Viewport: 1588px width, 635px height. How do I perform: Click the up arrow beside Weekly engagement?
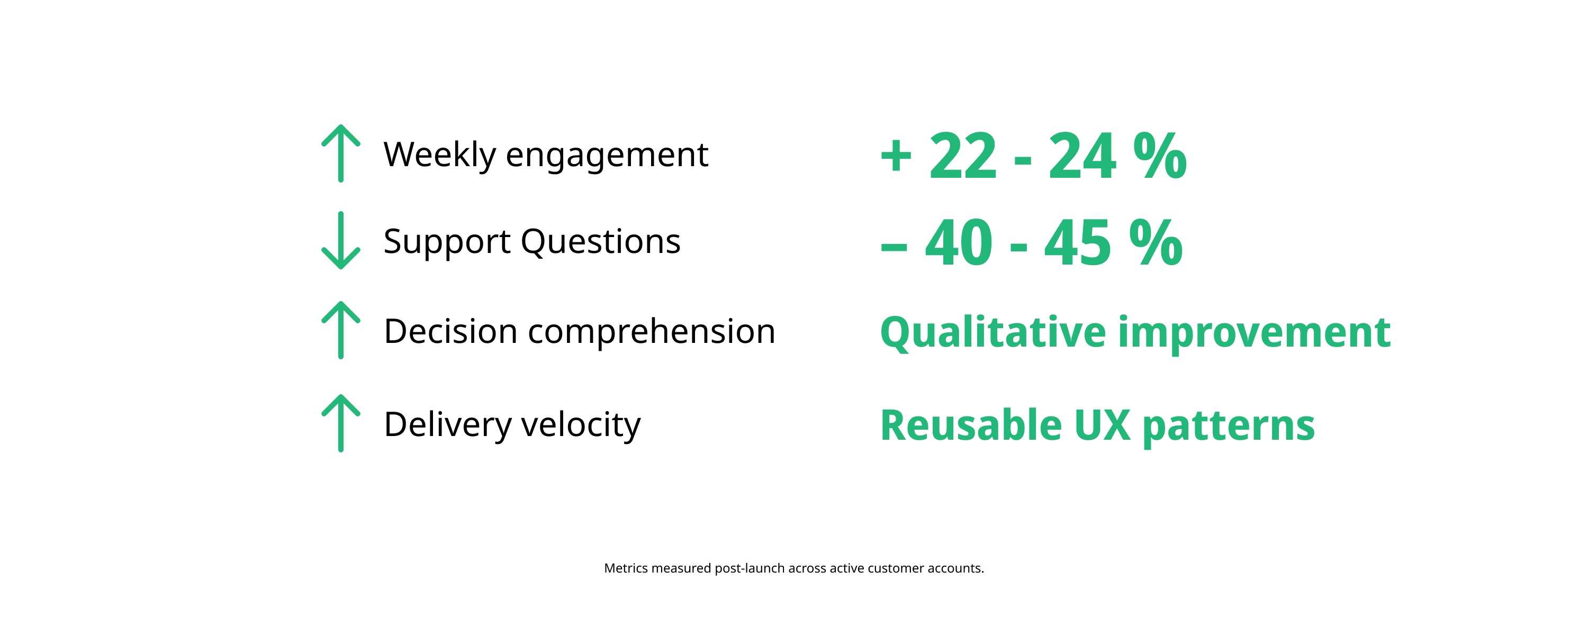341,153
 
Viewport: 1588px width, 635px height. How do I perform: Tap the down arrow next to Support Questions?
341,240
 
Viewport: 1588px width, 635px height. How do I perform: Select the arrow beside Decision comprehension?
341,330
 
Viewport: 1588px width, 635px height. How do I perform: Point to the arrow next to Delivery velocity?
341,423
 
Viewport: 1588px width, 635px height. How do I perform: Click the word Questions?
600,242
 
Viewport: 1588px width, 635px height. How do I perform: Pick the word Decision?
450,331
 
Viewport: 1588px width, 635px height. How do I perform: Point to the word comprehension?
652,331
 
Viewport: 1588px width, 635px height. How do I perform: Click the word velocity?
581,425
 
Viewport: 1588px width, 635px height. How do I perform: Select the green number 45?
1078,242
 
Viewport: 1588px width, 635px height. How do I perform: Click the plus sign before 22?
896,157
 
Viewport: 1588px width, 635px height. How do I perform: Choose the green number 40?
959,242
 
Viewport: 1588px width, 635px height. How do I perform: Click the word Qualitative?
993,333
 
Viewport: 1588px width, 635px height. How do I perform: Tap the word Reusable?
971,425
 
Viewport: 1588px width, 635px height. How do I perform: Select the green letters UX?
1102,425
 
